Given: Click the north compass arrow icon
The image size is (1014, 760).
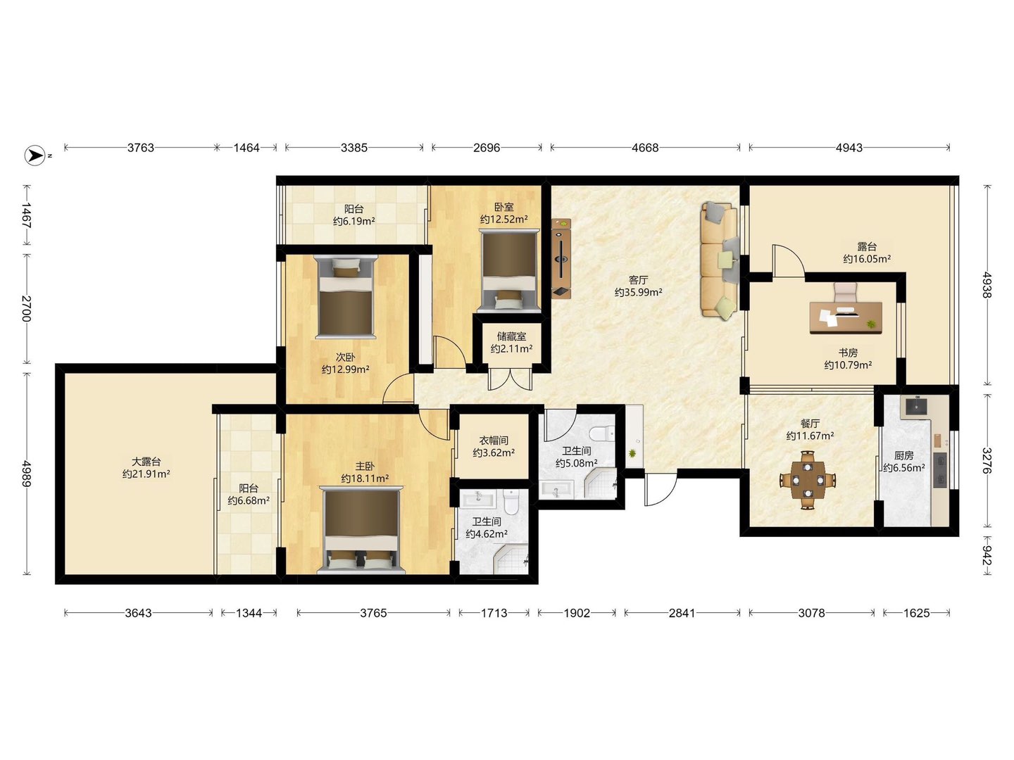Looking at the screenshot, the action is coord(35,156).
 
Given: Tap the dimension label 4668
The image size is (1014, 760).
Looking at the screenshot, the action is coord(645,148).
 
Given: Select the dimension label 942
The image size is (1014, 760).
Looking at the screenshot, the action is coord(987,555).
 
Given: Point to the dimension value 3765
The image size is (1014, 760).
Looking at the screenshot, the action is coord(373,613).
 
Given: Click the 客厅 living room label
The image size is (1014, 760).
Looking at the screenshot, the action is coord(639,280).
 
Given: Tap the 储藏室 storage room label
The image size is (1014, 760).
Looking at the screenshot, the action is coord(511,337).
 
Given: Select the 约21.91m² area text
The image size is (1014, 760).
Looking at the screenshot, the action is coord(146,474).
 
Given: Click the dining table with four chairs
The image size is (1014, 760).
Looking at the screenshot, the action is coord(808,480).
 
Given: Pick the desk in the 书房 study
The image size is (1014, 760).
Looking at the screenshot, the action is coord(846,317).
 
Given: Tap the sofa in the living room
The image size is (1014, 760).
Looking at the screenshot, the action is coord(719,260).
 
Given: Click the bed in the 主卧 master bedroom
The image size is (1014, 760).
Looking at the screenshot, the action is coord(361,530).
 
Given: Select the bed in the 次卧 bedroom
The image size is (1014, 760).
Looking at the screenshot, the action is coord(346,297).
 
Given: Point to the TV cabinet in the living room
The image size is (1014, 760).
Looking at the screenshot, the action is coord(561,258).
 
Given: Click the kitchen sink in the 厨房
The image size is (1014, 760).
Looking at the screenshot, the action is coord(916,406).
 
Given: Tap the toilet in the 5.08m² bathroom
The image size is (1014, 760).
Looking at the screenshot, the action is coord(602,433).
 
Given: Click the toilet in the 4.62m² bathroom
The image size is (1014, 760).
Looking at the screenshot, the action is coord(511,502).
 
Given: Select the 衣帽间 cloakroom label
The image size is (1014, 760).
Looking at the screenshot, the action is coord(494,441).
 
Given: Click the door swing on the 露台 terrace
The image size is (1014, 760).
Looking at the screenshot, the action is coord(789,260).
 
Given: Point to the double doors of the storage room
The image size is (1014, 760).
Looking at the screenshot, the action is coord(510,379).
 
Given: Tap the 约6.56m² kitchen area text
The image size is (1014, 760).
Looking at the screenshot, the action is coord(904,467).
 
